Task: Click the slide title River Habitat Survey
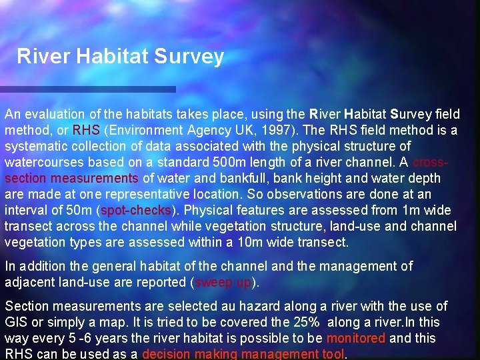pyautogui.click(x=120, y=56)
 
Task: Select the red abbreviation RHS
pyautogui.click(x=85, y=130)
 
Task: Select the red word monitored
pyautogui.click(x=356, y=338)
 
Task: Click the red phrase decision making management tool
pyautogui.click(x=244, y=354)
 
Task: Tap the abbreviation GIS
pyautogui.click(x=16, y=322)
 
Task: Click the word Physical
pyautogui.click(x=212, y=211)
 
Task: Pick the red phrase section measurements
pyautogui.click(x=71, y=178)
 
